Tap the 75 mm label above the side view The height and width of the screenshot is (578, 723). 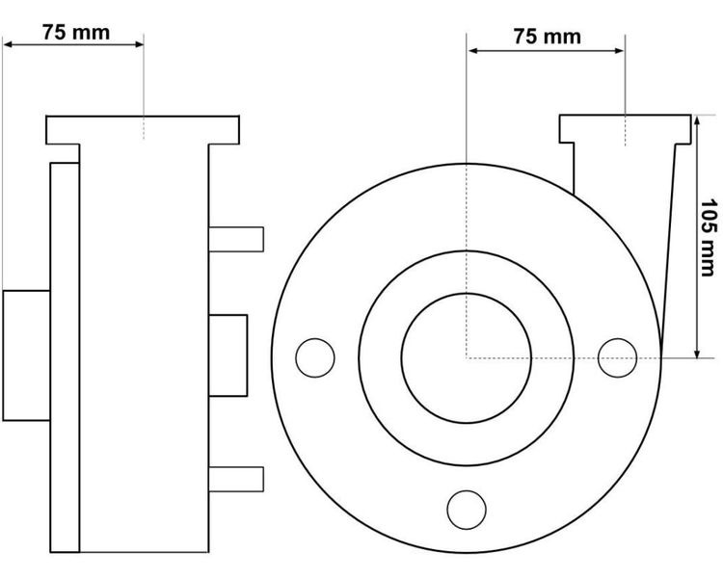[76, 32]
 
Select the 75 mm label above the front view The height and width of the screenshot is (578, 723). [548, 37]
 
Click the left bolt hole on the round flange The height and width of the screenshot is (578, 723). [315, 357]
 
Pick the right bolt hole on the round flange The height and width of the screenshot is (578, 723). [617, 357]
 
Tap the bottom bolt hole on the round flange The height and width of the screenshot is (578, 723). [467, 510]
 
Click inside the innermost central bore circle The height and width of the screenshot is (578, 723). [467, 358]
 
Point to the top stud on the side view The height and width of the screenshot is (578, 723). [236, 239]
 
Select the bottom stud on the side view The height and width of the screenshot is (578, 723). [236, 480]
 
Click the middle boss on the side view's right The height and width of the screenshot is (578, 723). [228, 355]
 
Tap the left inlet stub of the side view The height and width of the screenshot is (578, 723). [26, 355]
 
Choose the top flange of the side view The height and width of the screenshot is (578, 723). [143, 130]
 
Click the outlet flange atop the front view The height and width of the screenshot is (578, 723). [626, 128]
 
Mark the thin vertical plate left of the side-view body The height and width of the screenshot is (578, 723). [65, 357]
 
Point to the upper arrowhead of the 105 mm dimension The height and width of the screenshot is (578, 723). [697, 120]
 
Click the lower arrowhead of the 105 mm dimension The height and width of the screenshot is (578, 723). [697, 353]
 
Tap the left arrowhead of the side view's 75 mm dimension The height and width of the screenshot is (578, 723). [9, 44]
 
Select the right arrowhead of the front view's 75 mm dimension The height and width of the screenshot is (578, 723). [619, 50]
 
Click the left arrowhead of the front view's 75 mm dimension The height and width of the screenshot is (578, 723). [473, 50]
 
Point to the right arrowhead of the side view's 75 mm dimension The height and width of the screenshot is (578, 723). [138, 44]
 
